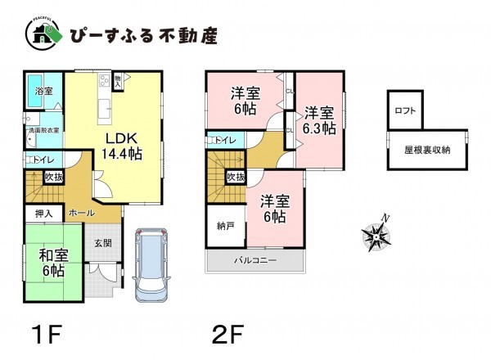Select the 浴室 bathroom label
[x=45, y=92]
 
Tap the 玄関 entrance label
[x=103, y=242]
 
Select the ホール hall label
[x=80, y=211]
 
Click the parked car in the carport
[x=148, y=262]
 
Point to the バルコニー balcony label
[x=255, y=260]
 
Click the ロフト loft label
[x=404, y=110]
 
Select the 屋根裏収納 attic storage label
[x=426, y=150]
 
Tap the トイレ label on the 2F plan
[x=227, y=141]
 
